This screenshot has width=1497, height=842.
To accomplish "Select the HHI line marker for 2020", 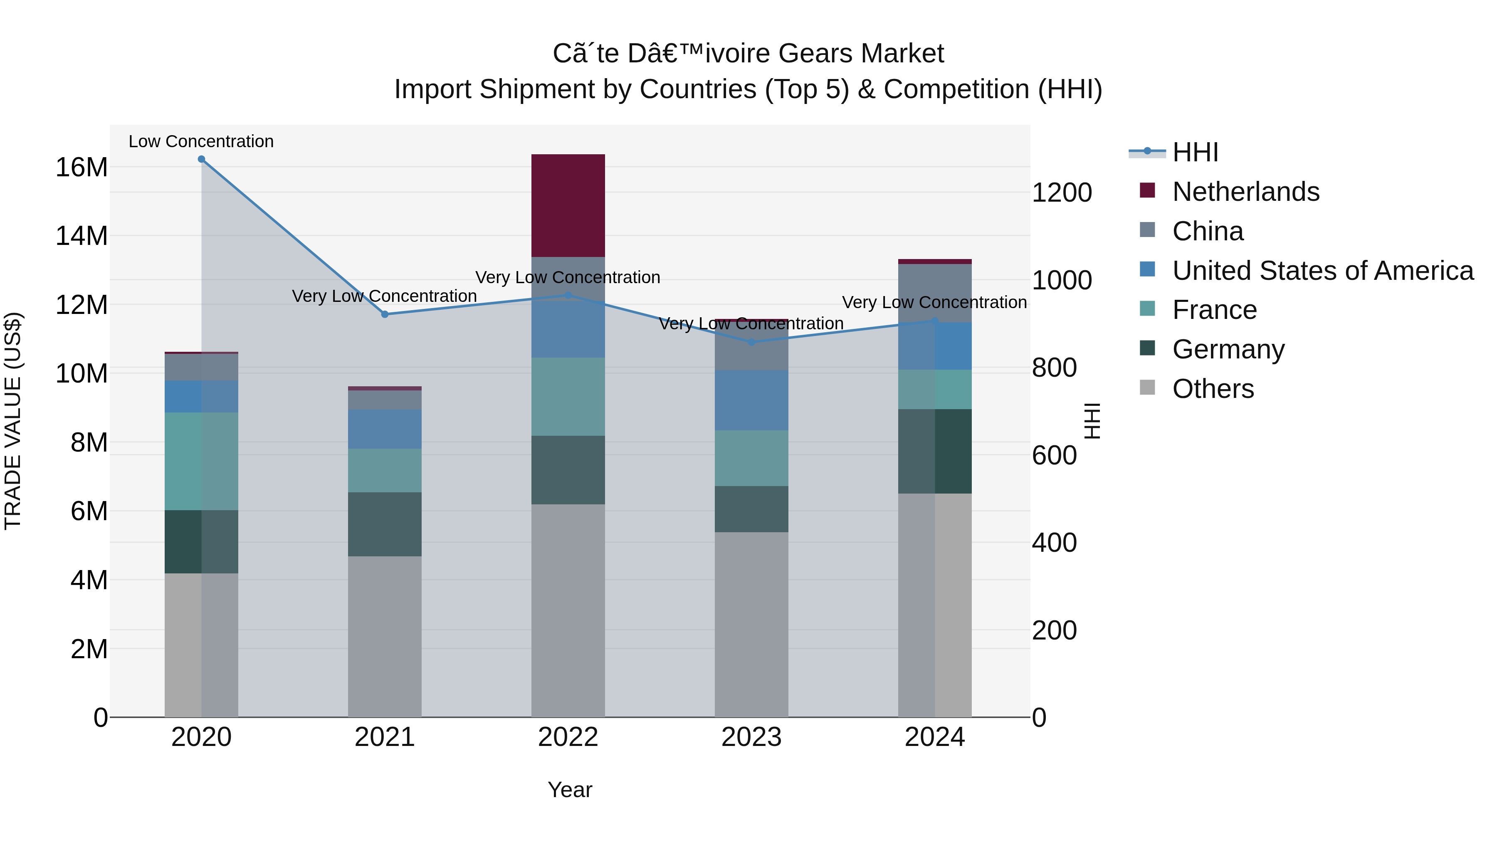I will [x=201, y=159].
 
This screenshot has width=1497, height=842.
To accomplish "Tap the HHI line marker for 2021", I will [x=384, y=314].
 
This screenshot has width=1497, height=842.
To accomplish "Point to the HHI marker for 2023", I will [x=751, y=342].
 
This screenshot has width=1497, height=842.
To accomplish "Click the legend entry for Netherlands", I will [x=1245, y=192].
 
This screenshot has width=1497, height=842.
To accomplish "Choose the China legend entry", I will [x=1208, y=231].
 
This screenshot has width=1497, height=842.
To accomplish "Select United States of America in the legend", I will [x=1322, y=271].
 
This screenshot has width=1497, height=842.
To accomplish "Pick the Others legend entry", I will [x=1213, y=389].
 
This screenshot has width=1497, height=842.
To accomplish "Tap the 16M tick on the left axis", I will [x=82, y=167].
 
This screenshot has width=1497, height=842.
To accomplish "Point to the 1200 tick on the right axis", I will [x=1062, y=193].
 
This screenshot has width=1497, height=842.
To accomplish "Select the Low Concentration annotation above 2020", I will [x=201, y=141].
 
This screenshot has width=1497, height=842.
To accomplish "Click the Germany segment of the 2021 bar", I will [x=384, y=524].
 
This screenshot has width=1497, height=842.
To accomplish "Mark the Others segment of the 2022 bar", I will [x=568, y=610].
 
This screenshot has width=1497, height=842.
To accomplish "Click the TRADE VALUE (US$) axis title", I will [x=13, y=421].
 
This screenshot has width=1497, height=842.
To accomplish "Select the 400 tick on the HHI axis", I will [x=1054, y=543].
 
